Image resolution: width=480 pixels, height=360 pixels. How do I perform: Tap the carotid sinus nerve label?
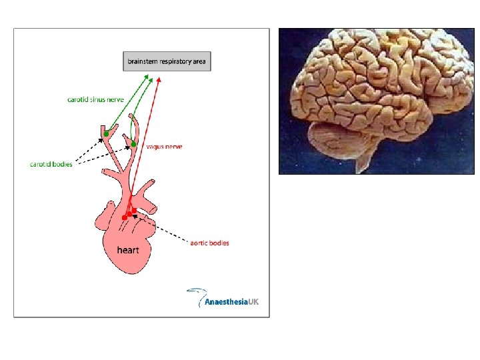point(95,99)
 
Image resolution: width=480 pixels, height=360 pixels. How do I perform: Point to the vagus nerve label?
point(164,146)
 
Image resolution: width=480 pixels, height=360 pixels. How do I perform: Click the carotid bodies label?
point(51,164)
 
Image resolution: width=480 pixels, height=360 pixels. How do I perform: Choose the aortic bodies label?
point(209,243)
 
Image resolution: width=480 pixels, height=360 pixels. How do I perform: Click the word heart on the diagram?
point(128,250)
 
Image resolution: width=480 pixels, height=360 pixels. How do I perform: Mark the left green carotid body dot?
point(106,135)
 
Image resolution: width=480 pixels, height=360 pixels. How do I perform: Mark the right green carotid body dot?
point(133,144)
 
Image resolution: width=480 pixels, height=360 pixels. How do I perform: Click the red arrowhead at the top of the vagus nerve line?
point(159,81)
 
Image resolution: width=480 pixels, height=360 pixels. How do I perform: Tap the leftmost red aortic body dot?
point(124,217)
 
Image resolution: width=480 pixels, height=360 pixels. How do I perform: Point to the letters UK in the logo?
point(253,302)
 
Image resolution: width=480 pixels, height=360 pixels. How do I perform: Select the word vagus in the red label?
point(155,146)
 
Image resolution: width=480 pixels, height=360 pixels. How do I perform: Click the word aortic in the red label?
point(199,243)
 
